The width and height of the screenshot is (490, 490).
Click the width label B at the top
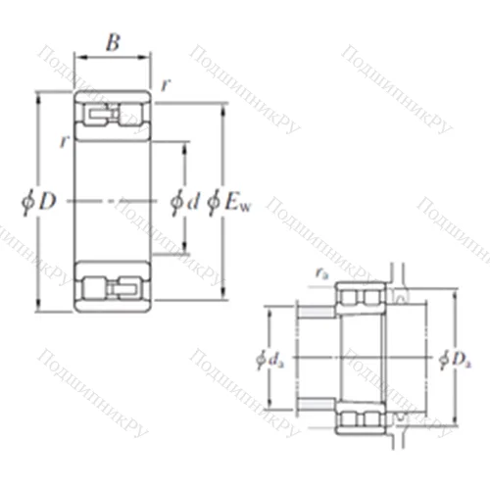point(114,43)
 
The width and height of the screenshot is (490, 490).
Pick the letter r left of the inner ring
point(64,140)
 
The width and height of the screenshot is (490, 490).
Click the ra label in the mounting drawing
point(321,274)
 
